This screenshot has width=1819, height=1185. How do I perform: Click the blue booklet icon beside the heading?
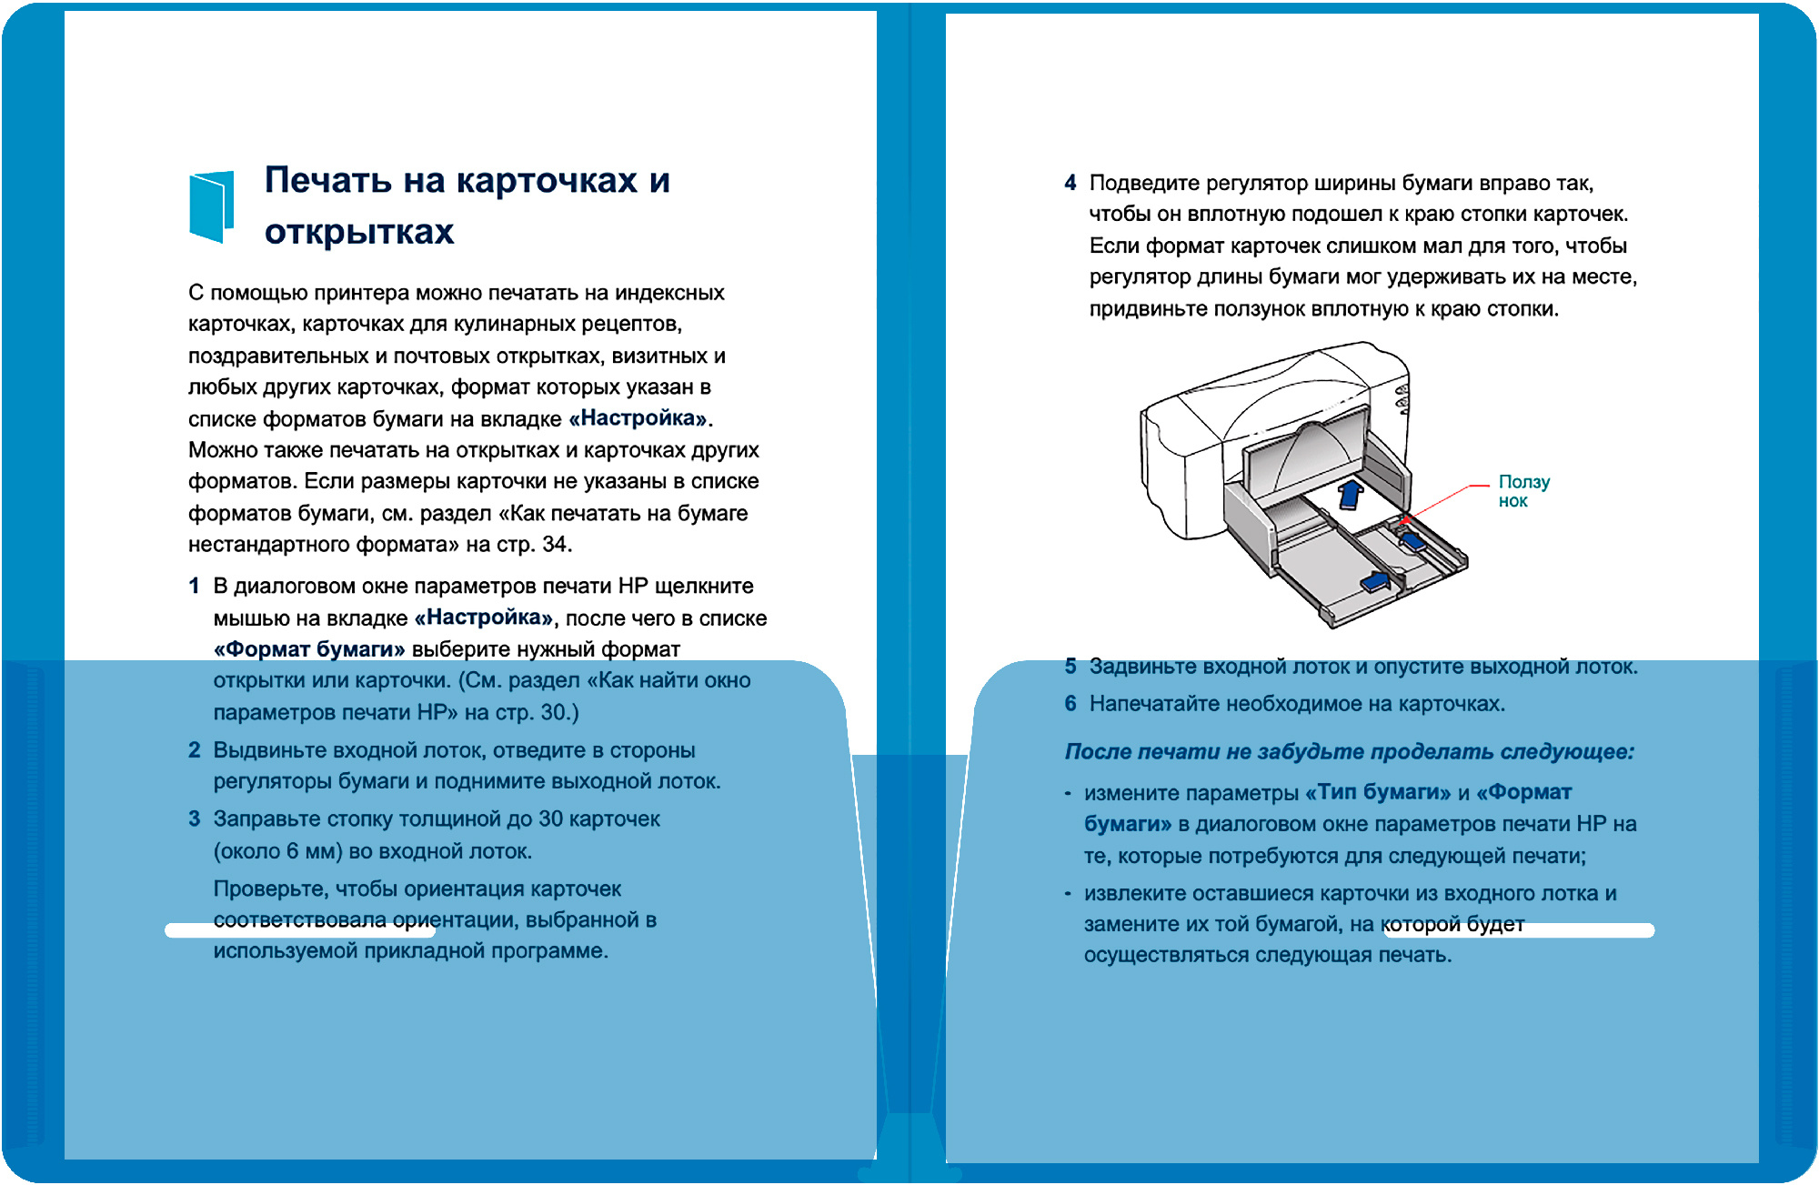click(211, 206)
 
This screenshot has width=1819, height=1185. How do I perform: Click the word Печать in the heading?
click(328, 180)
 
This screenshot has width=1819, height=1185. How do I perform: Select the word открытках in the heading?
click(359, 232)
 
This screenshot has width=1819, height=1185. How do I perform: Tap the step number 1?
click(194, 587)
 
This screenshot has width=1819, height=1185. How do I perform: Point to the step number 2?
click(194, 750)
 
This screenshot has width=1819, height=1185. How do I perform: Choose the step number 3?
click(194, 818)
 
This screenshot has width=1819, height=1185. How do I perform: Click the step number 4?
click(1070, 184)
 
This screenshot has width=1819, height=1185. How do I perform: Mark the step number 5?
click(1070, 667)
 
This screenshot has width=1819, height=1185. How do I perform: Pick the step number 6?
click(1070, 704)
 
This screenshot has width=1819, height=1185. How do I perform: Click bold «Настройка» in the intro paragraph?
click(638, 418)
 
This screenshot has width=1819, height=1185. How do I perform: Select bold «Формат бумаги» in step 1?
click(309, 649)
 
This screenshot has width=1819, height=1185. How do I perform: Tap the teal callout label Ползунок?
click(1523, 491)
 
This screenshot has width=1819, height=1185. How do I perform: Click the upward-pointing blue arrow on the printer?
click(1351, 494)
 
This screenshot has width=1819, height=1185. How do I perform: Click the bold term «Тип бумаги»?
click(1378, 792)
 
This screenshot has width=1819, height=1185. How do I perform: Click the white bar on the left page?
click(300, 930)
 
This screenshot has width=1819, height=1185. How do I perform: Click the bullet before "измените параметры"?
click(1068, 794)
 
